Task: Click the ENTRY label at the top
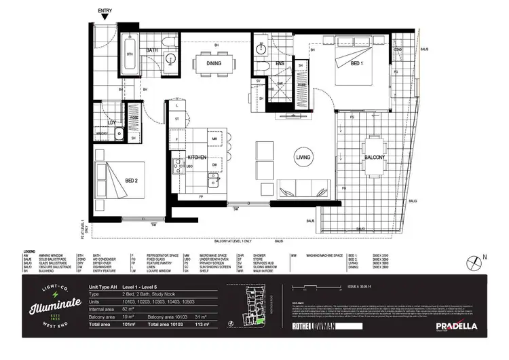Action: (105, 12)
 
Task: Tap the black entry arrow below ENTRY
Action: (105, 19)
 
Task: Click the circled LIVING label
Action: (303, 157)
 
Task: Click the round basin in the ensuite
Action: (261, 50)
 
